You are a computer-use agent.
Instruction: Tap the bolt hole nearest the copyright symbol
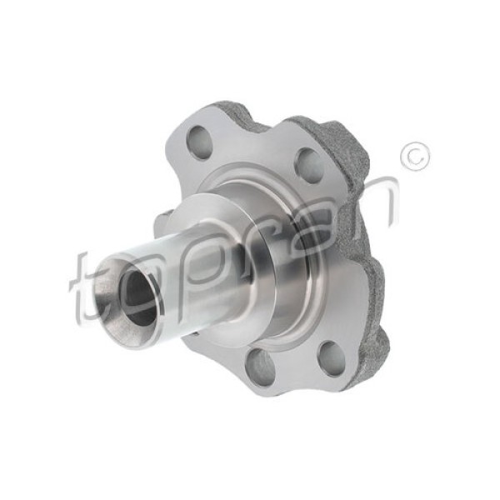[308, 164]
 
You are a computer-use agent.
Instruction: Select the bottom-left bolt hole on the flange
[261, 367]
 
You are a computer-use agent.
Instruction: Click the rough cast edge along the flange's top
[250, 117]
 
